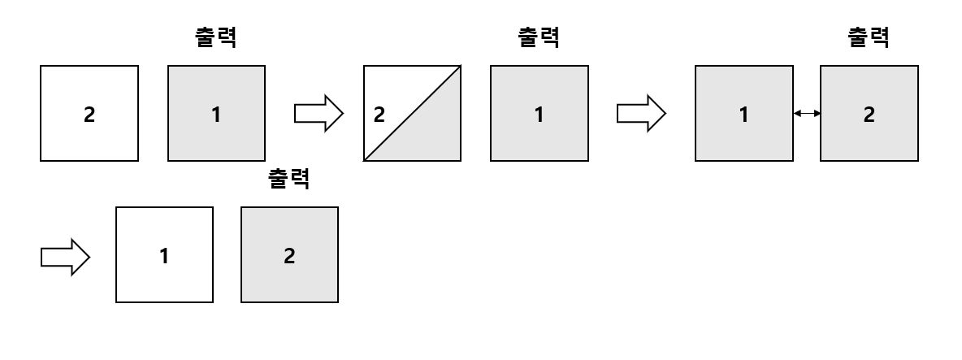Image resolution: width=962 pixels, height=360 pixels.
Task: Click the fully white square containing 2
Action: click(89, 114)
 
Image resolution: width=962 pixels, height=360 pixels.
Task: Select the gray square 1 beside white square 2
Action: click(216, 114)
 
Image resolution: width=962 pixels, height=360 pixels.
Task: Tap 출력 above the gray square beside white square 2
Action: click(216, 38)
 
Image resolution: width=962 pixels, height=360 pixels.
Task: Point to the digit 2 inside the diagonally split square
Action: click(378, 114)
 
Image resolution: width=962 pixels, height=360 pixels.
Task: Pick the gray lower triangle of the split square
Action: click(431, 134)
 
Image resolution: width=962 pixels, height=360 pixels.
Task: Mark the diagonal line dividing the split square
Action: click(413, 114)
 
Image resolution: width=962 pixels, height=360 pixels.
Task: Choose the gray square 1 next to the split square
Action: click(539, 114)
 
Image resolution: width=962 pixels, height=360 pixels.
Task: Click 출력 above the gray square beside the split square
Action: click(539, 38)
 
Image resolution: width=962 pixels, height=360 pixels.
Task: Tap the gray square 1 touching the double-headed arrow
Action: click(743, 114)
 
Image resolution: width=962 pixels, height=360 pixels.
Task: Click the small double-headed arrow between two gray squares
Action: click(807, 114)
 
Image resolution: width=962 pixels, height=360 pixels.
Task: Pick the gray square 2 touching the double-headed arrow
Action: click(869, 114)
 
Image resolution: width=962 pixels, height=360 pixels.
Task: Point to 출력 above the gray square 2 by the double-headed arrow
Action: click(868, 38)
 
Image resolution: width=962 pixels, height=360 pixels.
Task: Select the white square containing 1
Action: click(164, 255)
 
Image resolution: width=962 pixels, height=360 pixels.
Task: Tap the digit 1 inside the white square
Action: click(164, 255)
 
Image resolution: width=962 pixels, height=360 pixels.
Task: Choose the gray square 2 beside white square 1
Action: click(290, 255)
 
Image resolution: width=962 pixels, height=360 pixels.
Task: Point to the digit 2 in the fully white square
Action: click(89, 115)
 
